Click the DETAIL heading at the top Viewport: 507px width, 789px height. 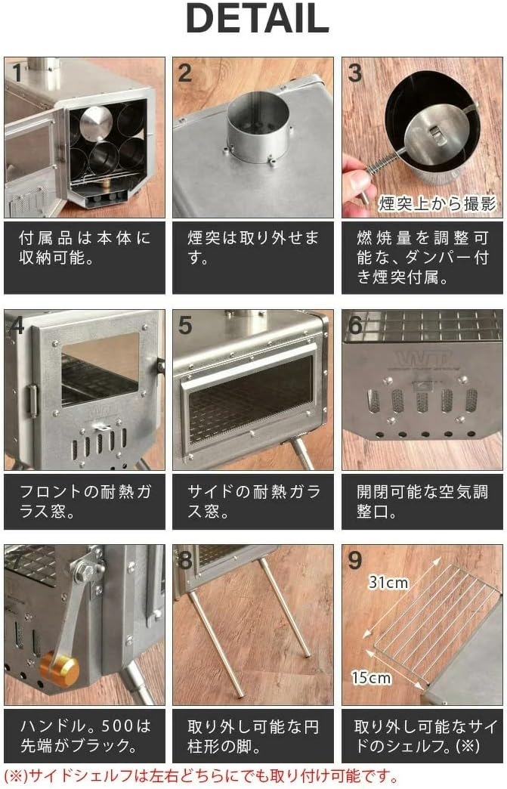[257, 20]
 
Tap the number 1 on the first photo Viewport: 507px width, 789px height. [17, 73]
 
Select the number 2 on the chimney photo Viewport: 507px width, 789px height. [186, 73]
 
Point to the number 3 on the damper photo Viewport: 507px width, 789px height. [355, 73]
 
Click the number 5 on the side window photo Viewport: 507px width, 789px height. [186, 326]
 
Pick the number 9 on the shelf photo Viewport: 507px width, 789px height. [355, 562]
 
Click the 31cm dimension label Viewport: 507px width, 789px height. [388, 583]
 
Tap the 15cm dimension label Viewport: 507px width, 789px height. [370, 677]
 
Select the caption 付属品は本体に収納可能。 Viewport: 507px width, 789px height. [84, 248]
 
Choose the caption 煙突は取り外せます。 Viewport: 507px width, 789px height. [253, 248]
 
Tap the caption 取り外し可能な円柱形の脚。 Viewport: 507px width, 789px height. [253, 737]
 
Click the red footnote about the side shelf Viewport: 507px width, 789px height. [201, 776]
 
